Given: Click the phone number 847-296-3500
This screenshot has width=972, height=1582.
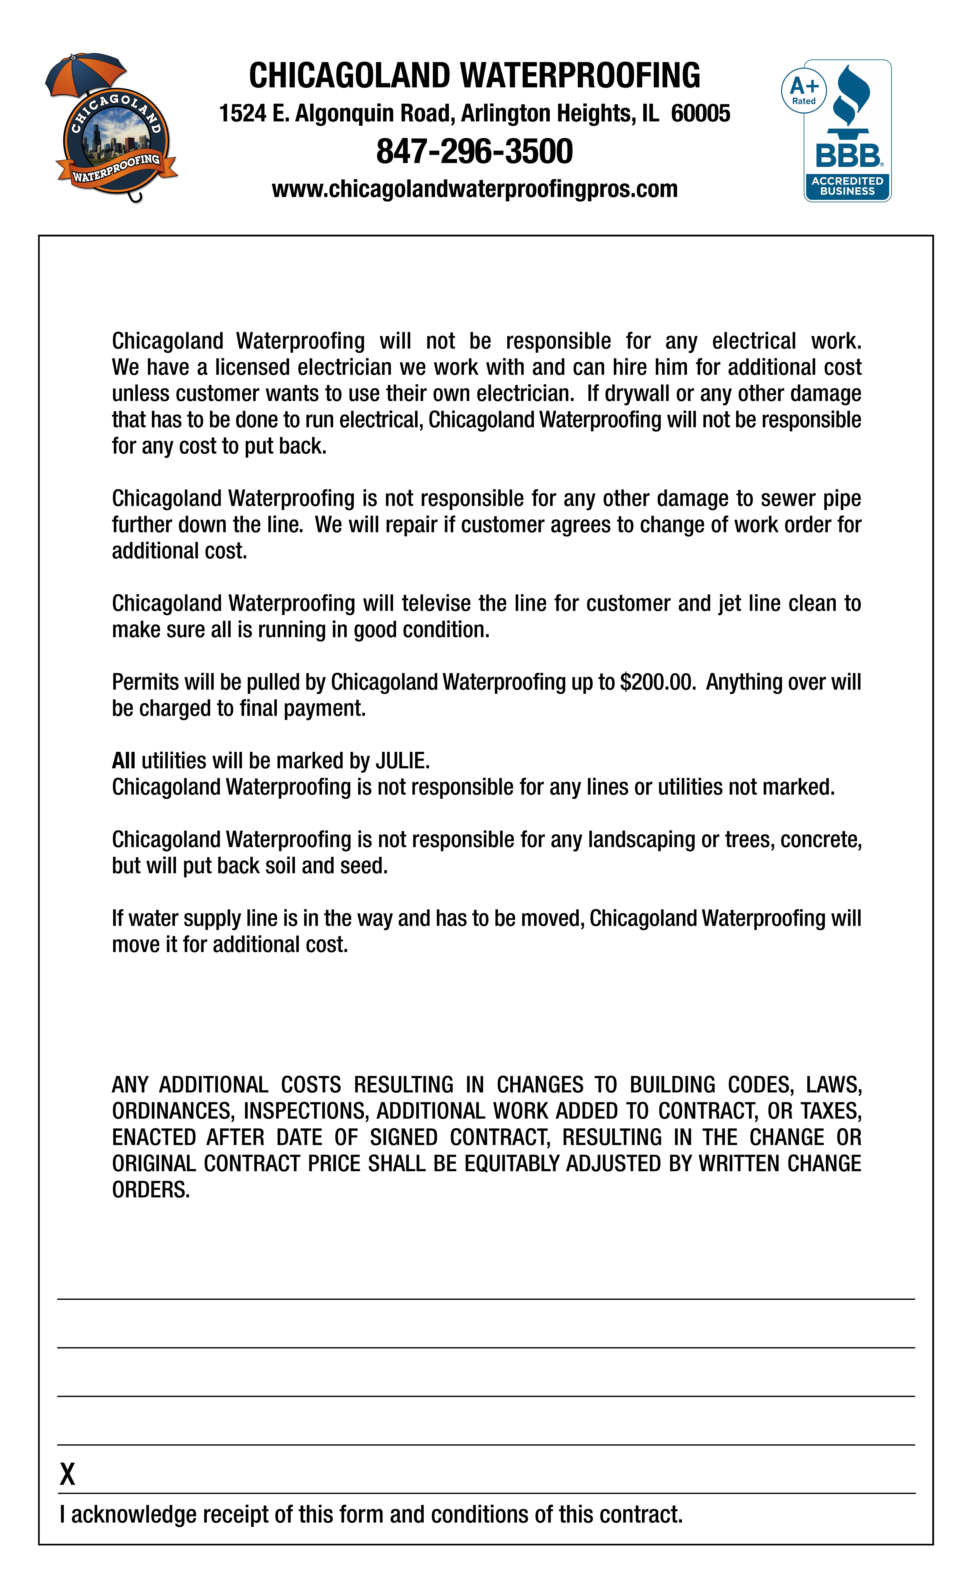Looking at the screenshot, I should (474, 152).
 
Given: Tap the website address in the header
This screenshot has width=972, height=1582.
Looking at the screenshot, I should (474, 189).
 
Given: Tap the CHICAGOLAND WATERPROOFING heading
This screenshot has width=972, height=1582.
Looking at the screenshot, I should (474, 76).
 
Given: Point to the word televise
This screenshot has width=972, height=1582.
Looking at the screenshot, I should (437, 603).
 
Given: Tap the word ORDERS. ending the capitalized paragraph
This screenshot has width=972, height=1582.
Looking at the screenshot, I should (151, 1190).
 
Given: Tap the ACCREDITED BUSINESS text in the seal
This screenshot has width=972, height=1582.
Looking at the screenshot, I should (847, 186).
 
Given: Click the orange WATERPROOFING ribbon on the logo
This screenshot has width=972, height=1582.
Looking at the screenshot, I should (116, 168).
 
